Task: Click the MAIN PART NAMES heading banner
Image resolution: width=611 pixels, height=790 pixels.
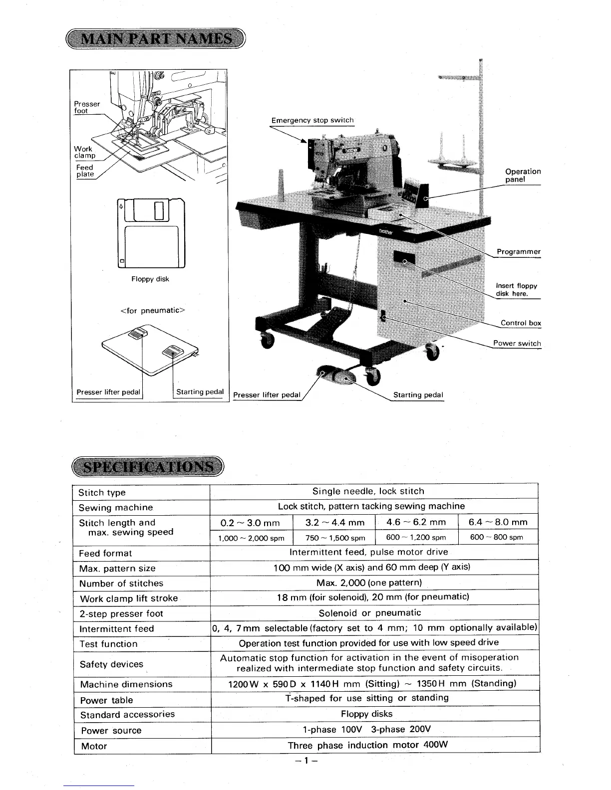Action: coord(156,39)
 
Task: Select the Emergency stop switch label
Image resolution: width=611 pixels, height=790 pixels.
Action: coord(312,120)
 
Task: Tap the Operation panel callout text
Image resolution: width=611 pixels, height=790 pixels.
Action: coord(523,175)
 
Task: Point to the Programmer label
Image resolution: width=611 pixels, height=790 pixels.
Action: coord(518,252)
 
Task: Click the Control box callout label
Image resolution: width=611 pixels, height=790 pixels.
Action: coord(521,323)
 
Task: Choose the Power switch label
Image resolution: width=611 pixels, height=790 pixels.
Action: coord(517,343)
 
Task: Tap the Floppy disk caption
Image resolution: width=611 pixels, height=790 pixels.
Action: coord(150,279)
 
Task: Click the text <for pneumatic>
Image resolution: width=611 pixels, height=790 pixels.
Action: coord(153,311)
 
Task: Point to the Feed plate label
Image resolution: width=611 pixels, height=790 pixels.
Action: coord(85,171)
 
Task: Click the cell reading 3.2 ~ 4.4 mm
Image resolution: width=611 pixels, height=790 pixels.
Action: coord(335,523)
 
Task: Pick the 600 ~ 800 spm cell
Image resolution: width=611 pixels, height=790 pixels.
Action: coord(496,537)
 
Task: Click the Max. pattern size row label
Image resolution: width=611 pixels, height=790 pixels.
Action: coord(117,569)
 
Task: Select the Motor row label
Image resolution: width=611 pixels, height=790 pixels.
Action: coord(94,746)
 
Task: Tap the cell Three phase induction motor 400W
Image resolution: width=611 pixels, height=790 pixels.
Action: coord(367,745)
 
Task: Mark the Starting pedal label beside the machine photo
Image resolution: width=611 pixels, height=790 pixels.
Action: coord(418,395)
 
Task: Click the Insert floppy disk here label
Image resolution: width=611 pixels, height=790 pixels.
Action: coord(516,289)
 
